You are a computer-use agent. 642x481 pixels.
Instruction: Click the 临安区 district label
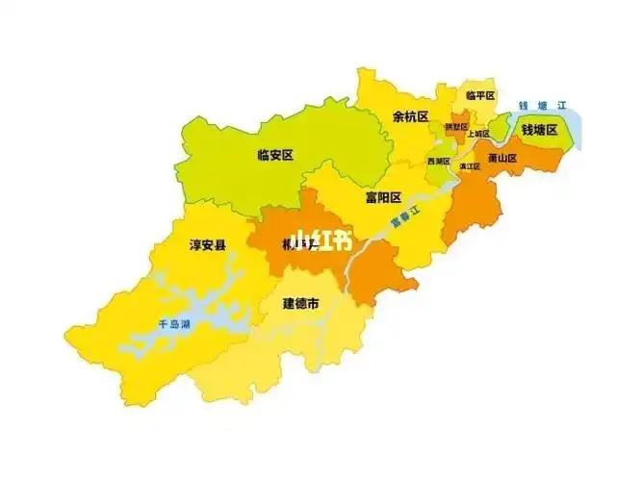coord(275,154)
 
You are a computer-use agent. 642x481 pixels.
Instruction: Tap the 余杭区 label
coord(411,116)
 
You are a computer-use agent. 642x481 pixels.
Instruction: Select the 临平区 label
coord(479,95)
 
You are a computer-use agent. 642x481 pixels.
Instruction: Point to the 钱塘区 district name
coord(540,130)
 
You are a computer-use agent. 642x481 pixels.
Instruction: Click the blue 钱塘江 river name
coord(539,106)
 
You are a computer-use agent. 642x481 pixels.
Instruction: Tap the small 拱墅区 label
coord(455,127)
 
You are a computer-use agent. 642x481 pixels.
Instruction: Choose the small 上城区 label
coord(478,134)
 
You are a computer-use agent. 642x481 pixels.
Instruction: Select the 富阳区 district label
coord(383,198)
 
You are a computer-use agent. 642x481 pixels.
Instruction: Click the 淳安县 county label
coord(208,246)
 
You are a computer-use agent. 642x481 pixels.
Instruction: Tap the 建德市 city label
coord(301,303)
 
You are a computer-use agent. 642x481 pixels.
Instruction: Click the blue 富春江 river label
coord(406,219)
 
